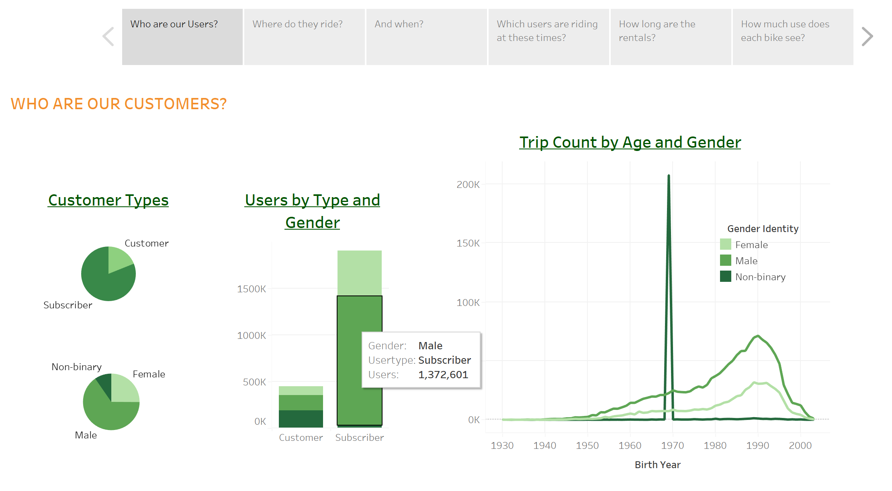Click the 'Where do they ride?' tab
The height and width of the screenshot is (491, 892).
coord(304,37)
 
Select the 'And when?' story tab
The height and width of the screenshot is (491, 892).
coord(426,37)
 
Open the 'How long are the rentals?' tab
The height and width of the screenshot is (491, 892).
coord(671,37)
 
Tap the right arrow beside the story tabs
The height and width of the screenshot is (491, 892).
coord(867,37)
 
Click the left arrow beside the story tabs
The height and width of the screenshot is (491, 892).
coord(108,37)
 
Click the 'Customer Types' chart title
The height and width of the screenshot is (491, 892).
coord(108,200)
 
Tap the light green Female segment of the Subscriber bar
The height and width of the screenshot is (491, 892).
coord(359,273)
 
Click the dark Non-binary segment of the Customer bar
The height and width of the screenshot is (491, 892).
coord(301,418)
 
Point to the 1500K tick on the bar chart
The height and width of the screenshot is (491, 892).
coord(252,289)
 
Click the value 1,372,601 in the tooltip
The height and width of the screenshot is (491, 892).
coord(443,375)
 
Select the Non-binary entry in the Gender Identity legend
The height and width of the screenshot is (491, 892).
coord(760,277)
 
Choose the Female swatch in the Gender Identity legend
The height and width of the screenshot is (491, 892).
coord(725,244)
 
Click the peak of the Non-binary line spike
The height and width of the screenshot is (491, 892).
coord(669,176)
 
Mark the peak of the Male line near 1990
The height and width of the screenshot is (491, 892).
coord(758,336)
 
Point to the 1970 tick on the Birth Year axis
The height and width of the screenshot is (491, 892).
coord(672,445)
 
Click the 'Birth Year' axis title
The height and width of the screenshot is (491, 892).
coord(657,465)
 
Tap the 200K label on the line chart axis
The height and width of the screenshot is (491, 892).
coord(468,185)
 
